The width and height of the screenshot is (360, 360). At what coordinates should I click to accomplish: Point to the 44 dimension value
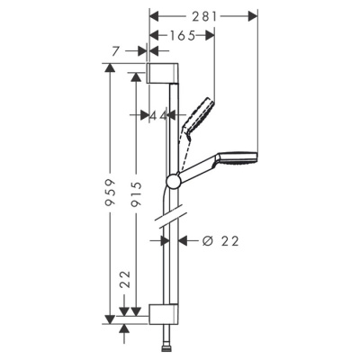pos(160,115)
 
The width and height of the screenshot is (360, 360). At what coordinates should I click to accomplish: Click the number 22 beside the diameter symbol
pos(229,240)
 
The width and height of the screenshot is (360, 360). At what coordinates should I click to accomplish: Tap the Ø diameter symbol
pos(206,240)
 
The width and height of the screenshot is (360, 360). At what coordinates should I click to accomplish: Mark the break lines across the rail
pos(164,219)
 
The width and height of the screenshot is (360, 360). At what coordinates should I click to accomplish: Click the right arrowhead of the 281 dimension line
pos(254,15)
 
